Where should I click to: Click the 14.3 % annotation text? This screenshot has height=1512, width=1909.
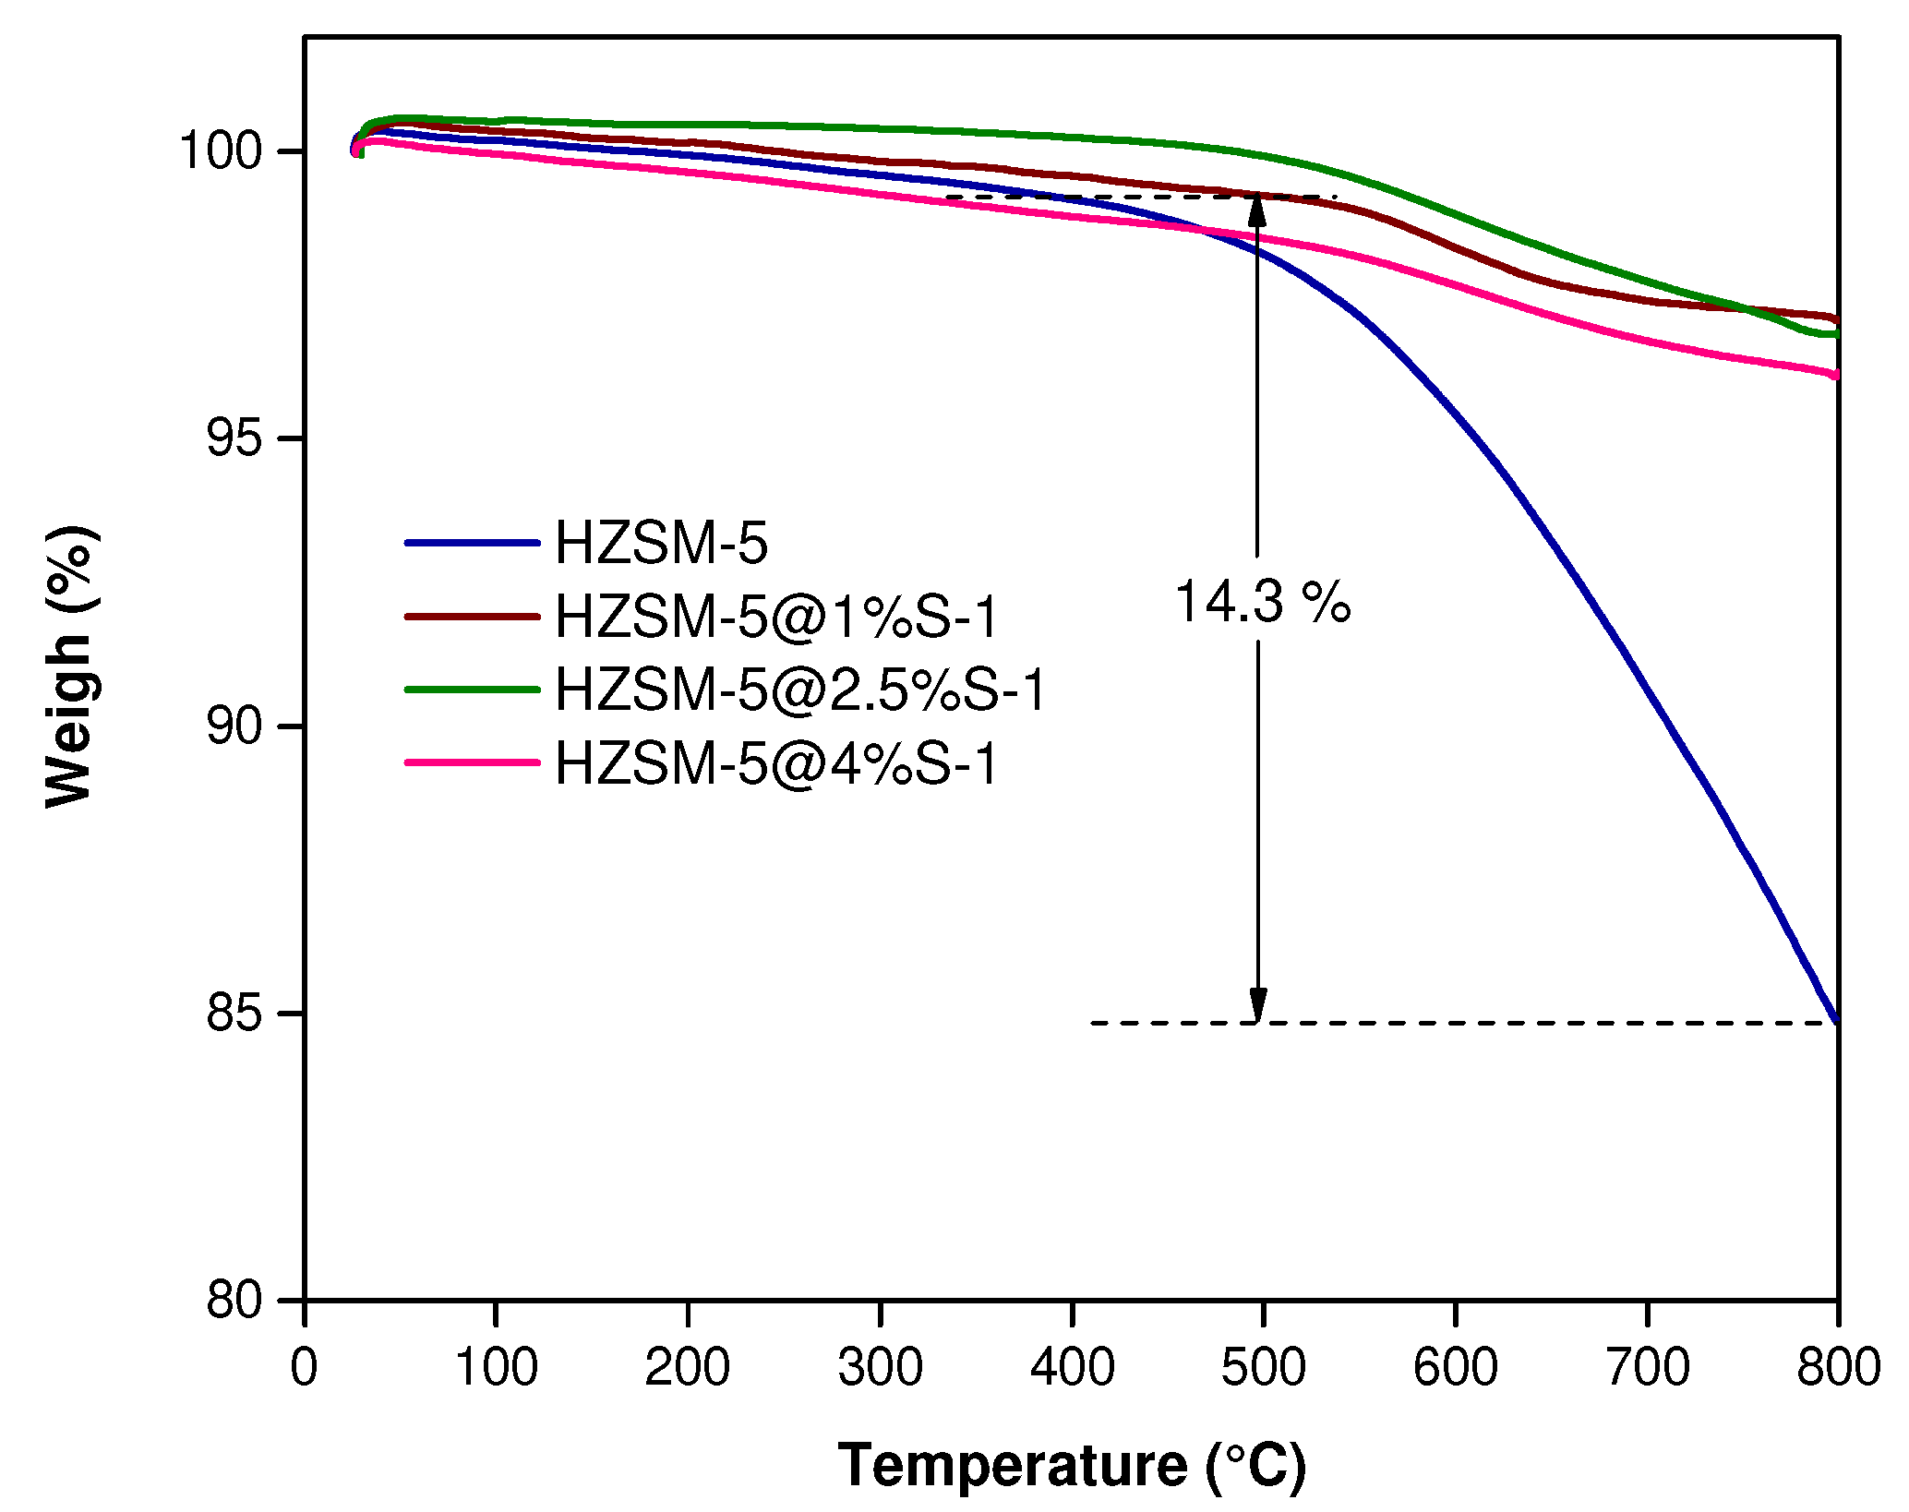tap(1261, 604)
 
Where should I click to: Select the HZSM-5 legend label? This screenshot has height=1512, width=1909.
tap(661, 543)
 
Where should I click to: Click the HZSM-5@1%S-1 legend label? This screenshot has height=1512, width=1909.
tap(776, 617)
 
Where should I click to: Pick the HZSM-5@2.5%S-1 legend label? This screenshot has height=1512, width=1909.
tap(800, 690)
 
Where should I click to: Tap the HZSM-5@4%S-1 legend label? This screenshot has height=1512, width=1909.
tap(776, 763)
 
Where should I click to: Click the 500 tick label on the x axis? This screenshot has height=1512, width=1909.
tap(1263, 1367)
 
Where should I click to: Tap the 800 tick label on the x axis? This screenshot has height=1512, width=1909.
tap(1837, 1367)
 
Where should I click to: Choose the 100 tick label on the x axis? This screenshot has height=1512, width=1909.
tap(497, 1367)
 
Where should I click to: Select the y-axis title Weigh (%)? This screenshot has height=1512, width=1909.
tap(70, 666)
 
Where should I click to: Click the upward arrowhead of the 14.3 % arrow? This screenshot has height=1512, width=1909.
tap(1256, 210)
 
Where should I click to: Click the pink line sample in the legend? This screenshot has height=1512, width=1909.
tap(472, 762)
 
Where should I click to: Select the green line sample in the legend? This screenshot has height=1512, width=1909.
tap(472, 690)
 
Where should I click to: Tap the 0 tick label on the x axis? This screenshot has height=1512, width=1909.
tap(304, 1367)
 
